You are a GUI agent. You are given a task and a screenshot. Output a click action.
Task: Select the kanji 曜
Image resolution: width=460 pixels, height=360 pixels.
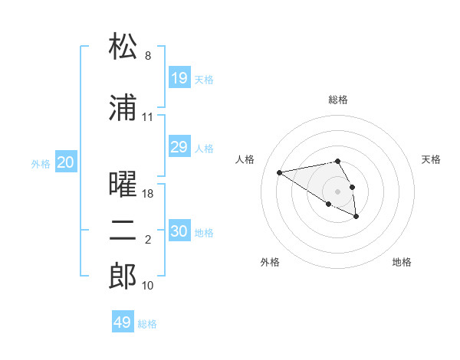click(123, 185)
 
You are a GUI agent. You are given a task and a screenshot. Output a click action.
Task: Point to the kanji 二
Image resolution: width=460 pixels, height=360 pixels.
click(123, 232)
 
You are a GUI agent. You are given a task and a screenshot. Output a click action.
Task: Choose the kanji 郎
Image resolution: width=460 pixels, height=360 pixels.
click(123, 277)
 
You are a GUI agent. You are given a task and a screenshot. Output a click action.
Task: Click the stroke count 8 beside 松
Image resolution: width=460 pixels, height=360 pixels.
click(148, 56)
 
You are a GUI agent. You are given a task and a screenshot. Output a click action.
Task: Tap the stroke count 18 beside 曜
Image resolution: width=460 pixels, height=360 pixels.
click(149, 194)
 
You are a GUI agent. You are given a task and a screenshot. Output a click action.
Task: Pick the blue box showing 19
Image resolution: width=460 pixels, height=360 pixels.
click(179, 77)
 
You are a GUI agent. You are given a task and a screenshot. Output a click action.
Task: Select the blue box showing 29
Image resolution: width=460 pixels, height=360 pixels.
click(179, 147)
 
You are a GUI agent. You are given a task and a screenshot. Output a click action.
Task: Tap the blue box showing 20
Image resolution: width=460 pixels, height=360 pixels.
click(66, 162)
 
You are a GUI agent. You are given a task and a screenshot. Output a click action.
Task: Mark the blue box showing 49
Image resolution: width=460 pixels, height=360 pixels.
click(123, 322)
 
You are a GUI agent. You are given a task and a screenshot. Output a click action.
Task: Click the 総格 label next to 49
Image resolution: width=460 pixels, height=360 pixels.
click(148, 324)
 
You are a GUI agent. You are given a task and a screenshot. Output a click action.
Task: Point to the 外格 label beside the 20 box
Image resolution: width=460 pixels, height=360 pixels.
click(41, 163)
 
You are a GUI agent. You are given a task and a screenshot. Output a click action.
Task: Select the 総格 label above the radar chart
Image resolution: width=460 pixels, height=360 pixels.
click(337, 100)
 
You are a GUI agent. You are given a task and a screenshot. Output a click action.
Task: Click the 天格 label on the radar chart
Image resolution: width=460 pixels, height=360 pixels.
click(432, 159)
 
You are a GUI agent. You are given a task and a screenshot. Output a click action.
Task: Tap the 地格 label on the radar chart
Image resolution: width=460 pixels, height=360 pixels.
click(402, 262)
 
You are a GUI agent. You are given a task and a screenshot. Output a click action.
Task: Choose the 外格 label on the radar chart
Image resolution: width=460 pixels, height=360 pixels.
click(270, 262)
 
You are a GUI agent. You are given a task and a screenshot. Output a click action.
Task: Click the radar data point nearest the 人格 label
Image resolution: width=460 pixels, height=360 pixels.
click(279, 172)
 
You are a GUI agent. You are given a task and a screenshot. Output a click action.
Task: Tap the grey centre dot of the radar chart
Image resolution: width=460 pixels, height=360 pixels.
click(337, 191)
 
